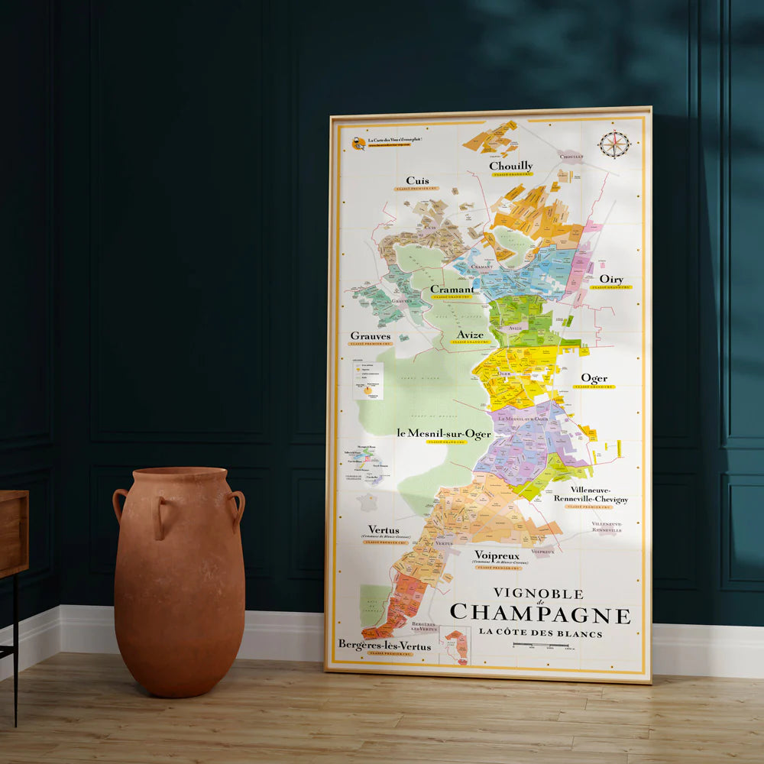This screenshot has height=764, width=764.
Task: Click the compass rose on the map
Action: (x=614, y=144)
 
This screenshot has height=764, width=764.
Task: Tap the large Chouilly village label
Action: (x=511, y=166)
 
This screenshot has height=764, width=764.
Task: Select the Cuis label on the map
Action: (x=417, y=181)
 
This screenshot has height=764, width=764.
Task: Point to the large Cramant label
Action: (x=452, y=290)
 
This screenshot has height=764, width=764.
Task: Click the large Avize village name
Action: (x=470, y=335)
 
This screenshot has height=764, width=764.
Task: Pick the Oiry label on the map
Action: (x=611, y=280)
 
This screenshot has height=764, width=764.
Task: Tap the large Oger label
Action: (x=594, y=378)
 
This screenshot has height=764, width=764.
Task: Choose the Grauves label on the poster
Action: (x=371, y=335)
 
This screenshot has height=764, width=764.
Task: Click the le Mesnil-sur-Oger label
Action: (x=444, y=433)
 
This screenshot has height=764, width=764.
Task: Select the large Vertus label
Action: (x=384, y=529)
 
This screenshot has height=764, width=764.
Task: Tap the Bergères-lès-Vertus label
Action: (x=384, y=646)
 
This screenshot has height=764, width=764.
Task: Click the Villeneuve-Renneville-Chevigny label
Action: (x=599, y=494)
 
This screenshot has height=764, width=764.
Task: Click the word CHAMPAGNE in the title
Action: (x=540, y=613)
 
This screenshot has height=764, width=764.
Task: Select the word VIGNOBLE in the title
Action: (x=538, y=594)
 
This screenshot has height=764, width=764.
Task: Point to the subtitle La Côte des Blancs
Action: (x=540, y=633)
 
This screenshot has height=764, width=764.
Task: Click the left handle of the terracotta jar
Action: (x=120, y=504)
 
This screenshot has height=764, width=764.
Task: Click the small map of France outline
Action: (x=368, y=503)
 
